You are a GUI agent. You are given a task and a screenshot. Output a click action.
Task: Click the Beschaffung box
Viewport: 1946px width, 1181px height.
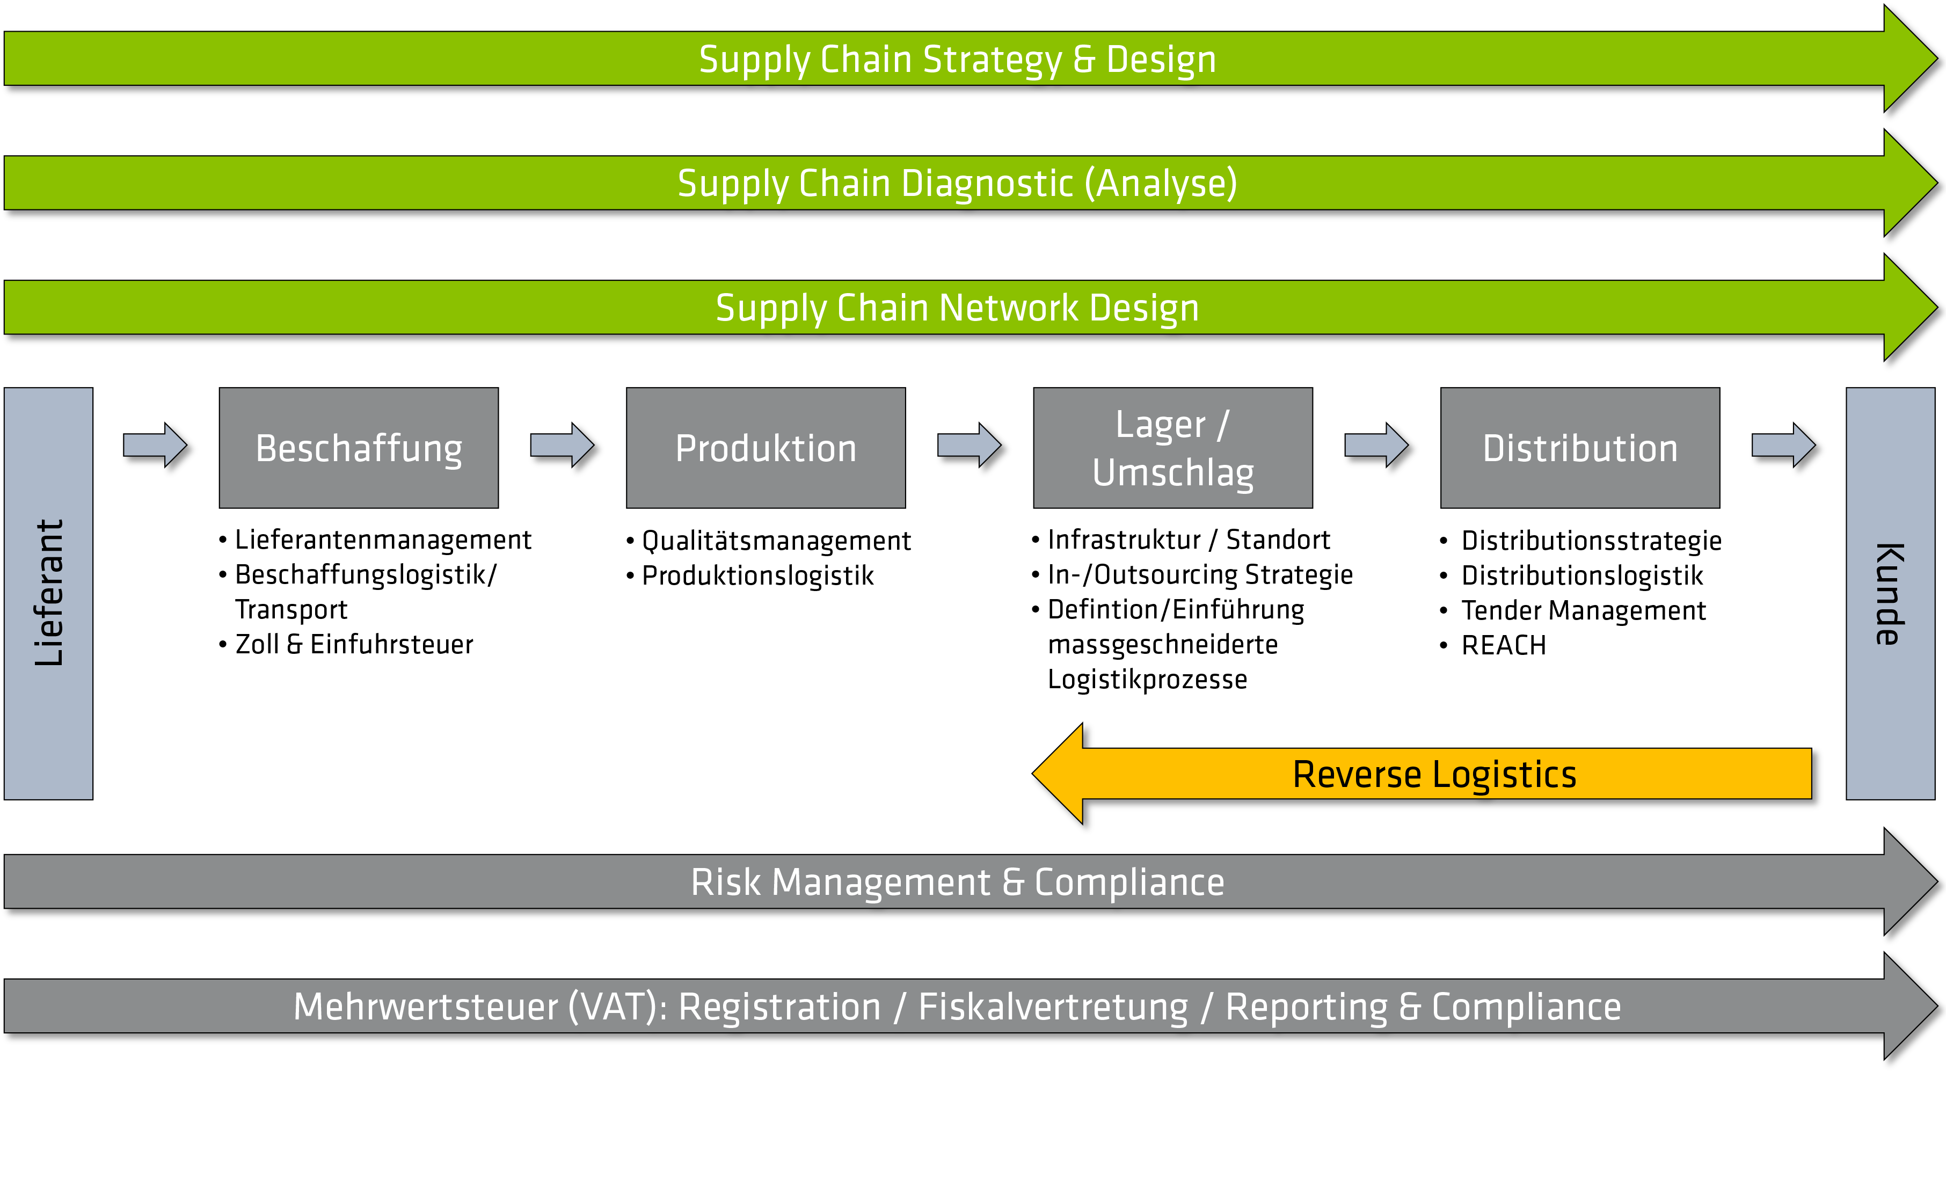click(359, 448)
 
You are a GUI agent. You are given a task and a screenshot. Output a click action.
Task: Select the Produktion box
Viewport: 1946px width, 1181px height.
click(766, 448)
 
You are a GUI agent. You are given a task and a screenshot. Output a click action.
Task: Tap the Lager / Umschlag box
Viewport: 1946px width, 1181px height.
click(1173, 448)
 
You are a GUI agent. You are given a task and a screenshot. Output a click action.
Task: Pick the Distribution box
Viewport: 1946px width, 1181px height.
click(1579, 448)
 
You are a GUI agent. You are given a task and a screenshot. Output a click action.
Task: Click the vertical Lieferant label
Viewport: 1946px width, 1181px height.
click(48, 593)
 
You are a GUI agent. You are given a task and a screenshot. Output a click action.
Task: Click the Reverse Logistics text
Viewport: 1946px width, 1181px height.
click(1434, 774)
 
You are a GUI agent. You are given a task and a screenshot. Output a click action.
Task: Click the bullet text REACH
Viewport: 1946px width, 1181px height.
click(1503, 645)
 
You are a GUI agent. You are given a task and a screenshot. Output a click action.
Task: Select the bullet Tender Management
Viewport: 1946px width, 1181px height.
click(1583, 611)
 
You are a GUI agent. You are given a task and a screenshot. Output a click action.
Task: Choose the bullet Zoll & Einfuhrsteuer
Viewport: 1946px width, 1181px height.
click(354, 645)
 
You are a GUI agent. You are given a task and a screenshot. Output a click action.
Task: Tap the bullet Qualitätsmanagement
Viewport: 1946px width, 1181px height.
click(776, 541)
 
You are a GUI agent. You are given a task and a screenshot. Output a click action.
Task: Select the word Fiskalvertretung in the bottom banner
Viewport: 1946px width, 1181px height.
click(1053, 1007)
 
